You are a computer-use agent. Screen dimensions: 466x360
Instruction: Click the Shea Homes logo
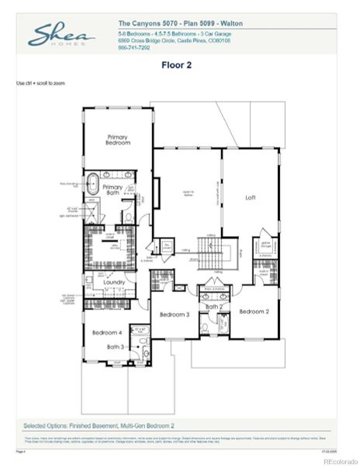pyautogui.click(x=62, y=35)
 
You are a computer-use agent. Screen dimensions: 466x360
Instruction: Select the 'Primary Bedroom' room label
pyautogui.click(x=119, y=140)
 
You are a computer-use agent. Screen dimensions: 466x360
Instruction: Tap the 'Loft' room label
pyautogui.click(x=250, y=197)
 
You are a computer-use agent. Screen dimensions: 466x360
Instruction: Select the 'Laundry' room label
pyautogui.click(x=114, y=283)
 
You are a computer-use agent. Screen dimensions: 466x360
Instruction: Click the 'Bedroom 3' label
pyautogui.click(x=175, y=315)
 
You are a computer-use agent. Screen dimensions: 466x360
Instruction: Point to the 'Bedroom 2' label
pyautogui.click(x=254, y=311)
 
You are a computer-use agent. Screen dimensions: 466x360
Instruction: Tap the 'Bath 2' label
pyautogui.click(x=213, y=307)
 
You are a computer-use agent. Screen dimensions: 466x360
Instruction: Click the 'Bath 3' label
pyautogui.click(x=116, y=346)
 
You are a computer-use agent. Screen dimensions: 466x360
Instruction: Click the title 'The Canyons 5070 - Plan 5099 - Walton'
pyautogui.click(x=180, y=24)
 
